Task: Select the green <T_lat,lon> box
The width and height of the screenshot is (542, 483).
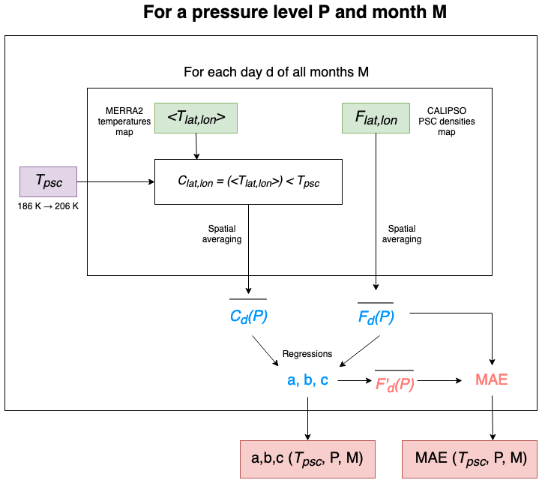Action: point(196,118)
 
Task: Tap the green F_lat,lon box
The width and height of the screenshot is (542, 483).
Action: point(376,118)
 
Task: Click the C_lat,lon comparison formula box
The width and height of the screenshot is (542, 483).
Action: point(248,181)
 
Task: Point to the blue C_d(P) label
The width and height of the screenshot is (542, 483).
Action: point(248,316)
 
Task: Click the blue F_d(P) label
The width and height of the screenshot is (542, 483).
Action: point(376,316)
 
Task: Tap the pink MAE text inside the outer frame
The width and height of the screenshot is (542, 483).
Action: point(492,380)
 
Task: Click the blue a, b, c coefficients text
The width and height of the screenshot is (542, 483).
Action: point(307,380)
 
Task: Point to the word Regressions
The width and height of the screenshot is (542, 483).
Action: point(307,353)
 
